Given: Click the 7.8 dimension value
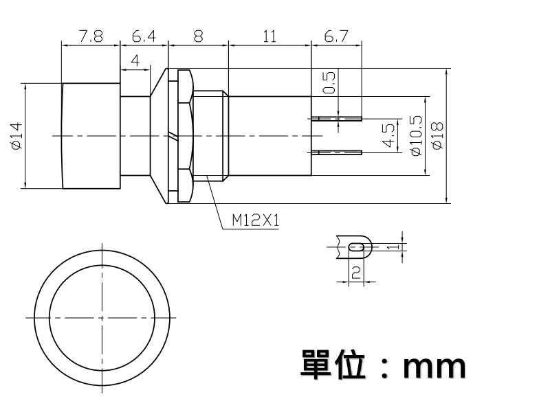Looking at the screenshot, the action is (x=91, y=36).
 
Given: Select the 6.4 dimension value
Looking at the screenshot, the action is (x=144, y=36).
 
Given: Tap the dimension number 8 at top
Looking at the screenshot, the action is (x=198, y=36).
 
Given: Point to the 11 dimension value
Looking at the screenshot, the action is (x=269, y=36).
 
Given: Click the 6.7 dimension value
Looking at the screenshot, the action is (x=335, y=36).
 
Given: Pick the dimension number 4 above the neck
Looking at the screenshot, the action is (x=135, y=60).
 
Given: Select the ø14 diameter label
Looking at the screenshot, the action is (x=16, y=136).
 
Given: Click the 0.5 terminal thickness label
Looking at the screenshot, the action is (x=329, y=82).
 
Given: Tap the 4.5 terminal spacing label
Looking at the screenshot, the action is (x=388, y=136).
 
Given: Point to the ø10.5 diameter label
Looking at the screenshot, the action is (x=416, y=135).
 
